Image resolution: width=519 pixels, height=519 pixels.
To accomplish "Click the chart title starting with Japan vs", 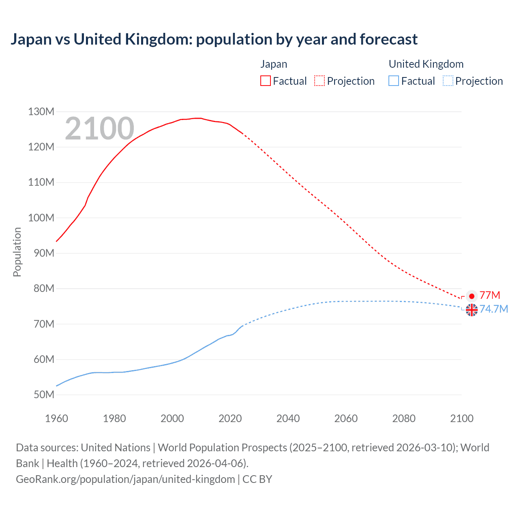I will click(x=214, y=39).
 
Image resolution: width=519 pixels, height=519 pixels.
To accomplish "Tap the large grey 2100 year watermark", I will click(x=99, y=129).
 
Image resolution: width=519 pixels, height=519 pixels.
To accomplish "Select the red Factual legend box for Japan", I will click(x=265, y=81).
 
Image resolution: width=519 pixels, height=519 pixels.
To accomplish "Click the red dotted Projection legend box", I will click(x=320, y=81).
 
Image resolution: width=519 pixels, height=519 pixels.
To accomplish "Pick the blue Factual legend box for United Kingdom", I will click(x=393, y=81).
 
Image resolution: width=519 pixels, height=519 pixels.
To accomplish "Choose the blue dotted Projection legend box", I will click(x=448, y=81).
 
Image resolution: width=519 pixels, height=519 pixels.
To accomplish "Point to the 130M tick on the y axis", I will click(x=41, y=112).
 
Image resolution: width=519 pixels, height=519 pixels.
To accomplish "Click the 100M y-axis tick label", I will click(x=41, y=218).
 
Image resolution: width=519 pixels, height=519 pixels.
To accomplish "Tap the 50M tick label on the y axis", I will click(x=43, y=395).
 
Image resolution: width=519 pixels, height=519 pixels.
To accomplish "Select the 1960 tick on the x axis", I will click(x=56, y=418).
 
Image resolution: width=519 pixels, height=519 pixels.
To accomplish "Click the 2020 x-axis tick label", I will click(x=230, y=418).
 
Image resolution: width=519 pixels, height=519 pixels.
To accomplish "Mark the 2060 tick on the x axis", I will click(x=346, y=418).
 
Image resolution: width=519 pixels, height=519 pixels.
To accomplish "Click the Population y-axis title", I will click(x=17, y=252).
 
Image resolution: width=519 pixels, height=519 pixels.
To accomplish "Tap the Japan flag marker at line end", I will click(x=472, y=296).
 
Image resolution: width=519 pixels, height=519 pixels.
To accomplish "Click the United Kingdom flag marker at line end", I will click(x=472, y=310).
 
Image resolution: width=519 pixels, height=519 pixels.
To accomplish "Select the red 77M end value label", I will click(x=490, y=295).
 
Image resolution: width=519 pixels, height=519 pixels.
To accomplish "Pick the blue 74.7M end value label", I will click(x=494, y=309).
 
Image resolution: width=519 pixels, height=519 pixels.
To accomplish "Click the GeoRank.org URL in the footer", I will click(x=125, y=479).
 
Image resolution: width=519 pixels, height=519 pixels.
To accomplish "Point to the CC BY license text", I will click(x=257, y=479).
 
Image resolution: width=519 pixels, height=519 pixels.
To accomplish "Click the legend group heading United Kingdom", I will click(x=426, y=64).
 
